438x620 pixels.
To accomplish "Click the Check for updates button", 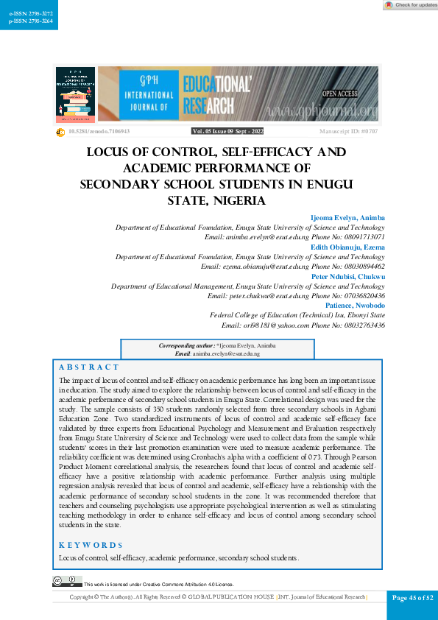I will point(410,5).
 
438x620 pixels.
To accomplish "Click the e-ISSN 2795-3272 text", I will point(26,14).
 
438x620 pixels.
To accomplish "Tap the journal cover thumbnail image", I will point(75,94).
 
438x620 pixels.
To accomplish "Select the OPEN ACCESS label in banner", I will point(339,94).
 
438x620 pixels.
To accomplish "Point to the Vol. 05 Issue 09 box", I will point(227,131).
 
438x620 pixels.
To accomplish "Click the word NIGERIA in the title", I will point(233,200).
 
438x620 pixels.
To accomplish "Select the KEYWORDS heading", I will point(91,545).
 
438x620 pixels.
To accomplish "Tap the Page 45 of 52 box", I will point(412,597).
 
